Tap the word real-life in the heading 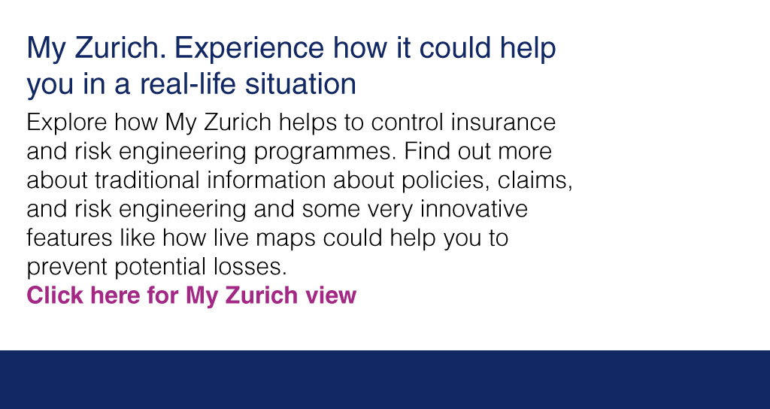(188, 83)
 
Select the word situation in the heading (301, 83)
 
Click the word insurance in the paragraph (503, 123)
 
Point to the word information (266, 180)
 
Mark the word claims (535, 180)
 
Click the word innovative (474, 209)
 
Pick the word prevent (67, 268)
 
